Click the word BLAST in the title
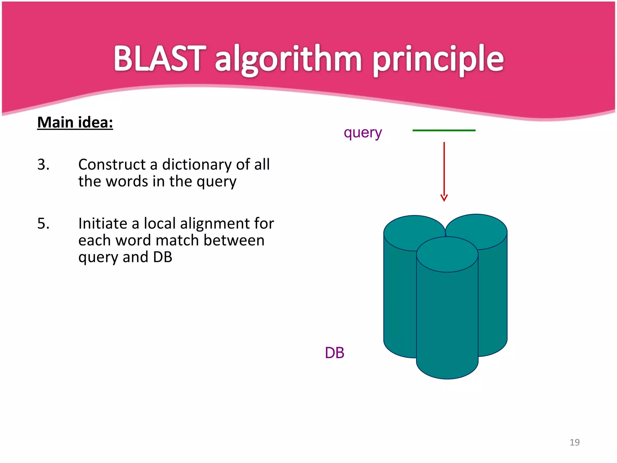160,59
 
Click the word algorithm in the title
288,60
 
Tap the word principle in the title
438,60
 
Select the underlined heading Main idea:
75,123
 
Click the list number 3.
43,165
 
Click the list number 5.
43,224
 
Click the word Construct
112,165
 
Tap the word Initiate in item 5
103,224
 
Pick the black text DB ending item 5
162,257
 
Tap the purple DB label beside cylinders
334,353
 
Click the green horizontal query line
444,131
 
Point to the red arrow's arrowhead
444,198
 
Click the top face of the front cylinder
447,254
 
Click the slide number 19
575,442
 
